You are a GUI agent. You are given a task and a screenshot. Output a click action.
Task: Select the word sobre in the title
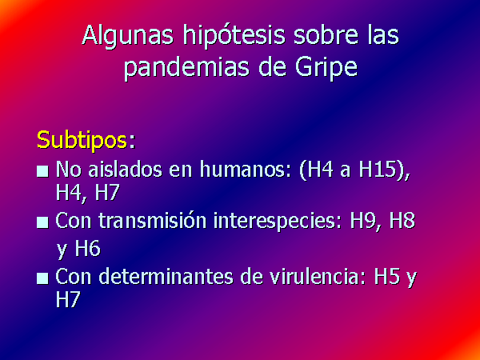point(326,35)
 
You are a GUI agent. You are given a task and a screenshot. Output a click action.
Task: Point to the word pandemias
point(186,69)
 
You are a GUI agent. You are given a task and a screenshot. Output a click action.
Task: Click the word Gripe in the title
point(326,69)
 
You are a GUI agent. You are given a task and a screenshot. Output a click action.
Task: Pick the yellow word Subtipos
point(82,141)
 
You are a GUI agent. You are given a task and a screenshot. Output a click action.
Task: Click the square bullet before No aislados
point(42,171)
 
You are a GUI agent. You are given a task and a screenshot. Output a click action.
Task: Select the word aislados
point(125,169)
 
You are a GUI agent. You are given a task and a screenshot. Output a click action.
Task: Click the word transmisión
point(152,221)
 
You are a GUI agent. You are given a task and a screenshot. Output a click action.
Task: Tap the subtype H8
point(402,221)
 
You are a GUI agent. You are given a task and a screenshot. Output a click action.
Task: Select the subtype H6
point(88,248)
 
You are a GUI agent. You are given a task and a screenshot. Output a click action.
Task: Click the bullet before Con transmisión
point(42,222)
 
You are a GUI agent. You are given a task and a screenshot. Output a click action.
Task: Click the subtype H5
point(387,277)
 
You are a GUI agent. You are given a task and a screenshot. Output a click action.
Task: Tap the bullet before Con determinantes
point(42,278)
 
